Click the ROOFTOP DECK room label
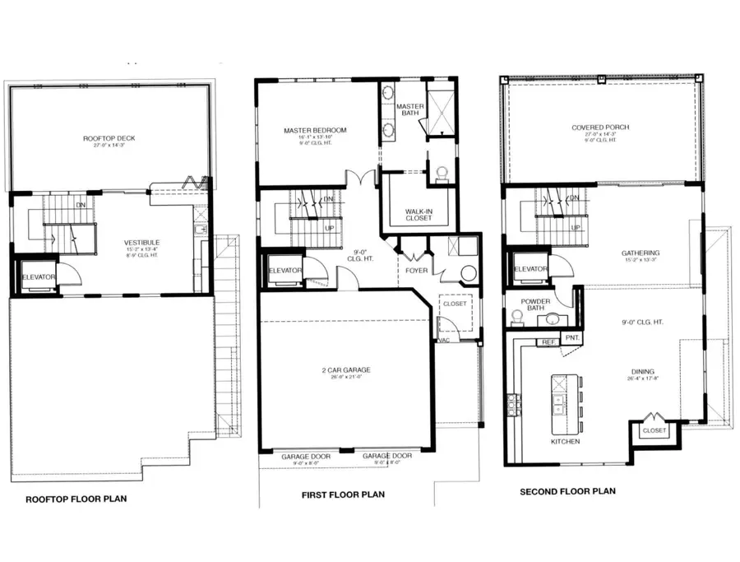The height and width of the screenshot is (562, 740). coord(109,138)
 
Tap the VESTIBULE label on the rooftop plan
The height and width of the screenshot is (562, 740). coord(141,242)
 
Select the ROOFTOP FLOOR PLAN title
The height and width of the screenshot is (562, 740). coord(76,499)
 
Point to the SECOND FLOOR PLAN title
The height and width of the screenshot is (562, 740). coord(567,492)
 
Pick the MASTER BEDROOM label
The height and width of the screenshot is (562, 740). coord(315,130)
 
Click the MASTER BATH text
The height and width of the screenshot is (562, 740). coord(409,110)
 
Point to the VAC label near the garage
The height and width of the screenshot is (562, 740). coord(443,340)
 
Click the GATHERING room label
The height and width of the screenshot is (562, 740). coord(641,253)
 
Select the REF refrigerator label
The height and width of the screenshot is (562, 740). coord(548,341)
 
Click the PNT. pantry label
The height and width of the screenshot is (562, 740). coord(571,337)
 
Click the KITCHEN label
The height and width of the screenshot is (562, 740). coord(565,442)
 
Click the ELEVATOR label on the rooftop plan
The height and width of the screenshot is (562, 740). coord(39,276)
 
